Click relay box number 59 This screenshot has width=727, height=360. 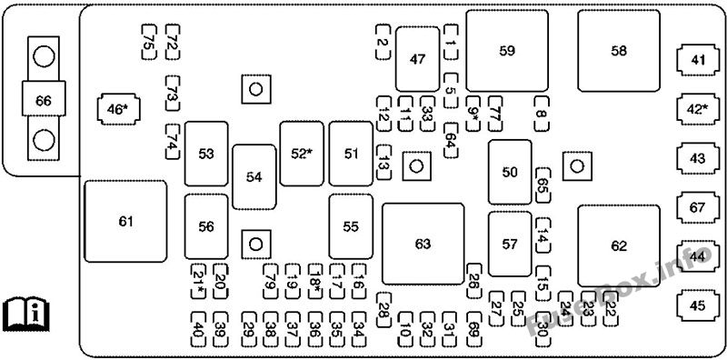point(507,51)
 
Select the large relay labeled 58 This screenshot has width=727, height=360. point(618,51)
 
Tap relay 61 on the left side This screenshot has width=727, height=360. point(125,221)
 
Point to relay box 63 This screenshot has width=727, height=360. point(423,244)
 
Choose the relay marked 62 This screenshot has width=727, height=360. point(618,245)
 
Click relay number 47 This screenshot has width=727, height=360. point(417,59)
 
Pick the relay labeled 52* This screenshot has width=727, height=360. point(301,154)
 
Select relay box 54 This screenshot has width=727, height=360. point(254,177)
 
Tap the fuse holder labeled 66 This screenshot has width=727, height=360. point(43,100)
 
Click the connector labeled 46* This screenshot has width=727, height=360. point(116,110)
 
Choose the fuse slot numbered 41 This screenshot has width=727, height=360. point(697,61)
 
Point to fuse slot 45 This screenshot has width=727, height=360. point(697,305)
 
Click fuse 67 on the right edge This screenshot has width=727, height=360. point(697,207)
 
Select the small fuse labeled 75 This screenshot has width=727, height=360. point(148,41)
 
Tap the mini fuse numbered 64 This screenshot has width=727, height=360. point(450,143)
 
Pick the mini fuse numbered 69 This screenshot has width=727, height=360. point(473,331)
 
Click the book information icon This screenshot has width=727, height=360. point(25,313)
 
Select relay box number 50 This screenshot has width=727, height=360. point(509,172)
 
